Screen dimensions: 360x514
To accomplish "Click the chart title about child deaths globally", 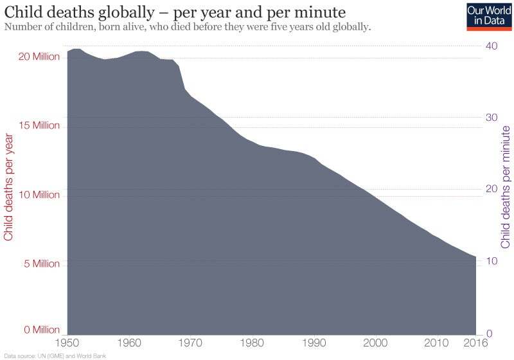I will click(175, 12).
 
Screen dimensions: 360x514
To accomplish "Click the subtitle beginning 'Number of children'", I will click(188, 28).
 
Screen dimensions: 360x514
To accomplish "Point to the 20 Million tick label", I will click(38, 57).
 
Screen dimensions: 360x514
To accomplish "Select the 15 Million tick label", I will click(38, 126).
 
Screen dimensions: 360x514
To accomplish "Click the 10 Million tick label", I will click(38, 195).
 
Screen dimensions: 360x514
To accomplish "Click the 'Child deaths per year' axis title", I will click(9, 186).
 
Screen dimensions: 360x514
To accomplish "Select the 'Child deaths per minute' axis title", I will click(506, 186).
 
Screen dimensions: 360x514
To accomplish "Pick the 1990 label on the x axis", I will click(314, 342).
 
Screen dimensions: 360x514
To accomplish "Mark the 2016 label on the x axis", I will click(474, 342).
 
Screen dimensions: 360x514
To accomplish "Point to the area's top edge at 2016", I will click(475, 257).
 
